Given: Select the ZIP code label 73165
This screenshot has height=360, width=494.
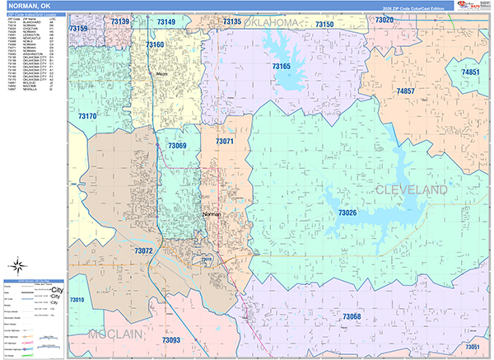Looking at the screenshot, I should pos(282,66).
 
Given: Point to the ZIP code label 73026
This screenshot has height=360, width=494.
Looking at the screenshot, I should pos(347,213).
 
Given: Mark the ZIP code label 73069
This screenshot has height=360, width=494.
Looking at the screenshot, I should pos(177,146).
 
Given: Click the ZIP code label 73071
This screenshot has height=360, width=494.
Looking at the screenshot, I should pos(225,142).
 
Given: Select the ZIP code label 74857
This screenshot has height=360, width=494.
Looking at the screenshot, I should pos(405,91).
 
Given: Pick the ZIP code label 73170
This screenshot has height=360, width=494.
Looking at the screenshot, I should pos(85,116).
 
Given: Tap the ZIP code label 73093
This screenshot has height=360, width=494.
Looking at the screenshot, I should pos(172,339).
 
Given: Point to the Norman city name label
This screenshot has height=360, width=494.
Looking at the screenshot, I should pos(212,214).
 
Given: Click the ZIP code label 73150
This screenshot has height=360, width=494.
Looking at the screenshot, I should pos(324,25).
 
